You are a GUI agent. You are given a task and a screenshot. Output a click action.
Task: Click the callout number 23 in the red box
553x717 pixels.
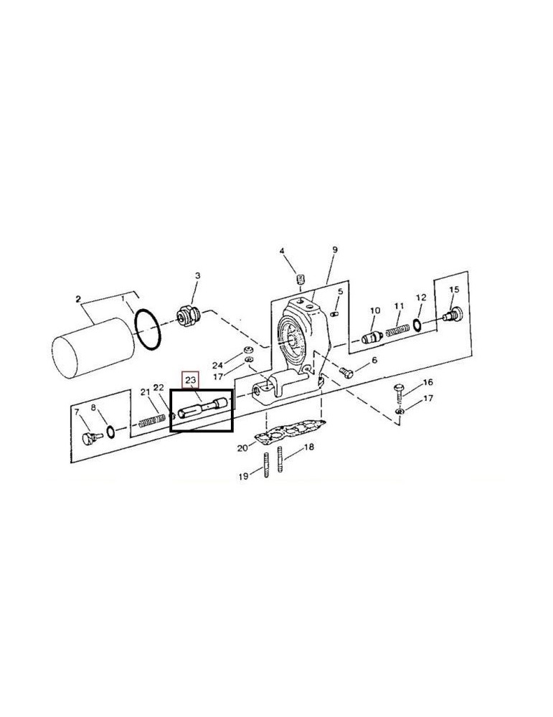[190, 379]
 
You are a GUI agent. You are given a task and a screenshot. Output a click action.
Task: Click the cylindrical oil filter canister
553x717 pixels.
[93, 348]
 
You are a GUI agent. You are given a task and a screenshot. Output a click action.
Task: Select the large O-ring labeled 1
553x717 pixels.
[148, 329]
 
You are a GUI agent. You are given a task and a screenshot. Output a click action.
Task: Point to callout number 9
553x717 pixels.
[335, 250]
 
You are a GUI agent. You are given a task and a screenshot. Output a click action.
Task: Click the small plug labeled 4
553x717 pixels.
[301, 279]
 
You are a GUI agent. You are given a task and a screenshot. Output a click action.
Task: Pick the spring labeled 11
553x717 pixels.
[397, 330]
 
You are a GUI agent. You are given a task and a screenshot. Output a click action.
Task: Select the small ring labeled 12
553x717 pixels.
[417, 325]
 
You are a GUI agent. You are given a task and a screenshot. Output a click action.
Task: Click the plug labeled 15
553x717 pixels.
[453, 314]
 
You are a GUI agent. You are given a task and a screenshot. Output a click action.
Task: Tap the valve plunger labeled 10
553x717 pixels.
[372, 338]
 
